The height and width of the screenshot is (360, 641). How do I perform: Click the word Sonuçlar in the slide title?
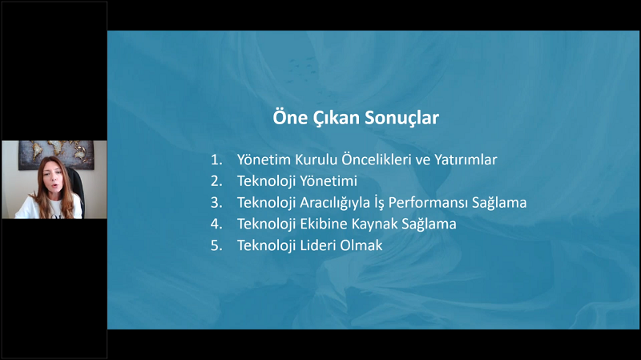(402, 118)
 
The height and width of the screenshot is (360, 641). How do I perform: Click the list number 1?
(216, 160)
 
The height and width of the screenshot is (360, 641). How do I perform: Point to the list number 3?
(216, 203)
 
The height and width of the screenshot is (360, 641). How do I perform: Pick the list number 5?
(216, 245)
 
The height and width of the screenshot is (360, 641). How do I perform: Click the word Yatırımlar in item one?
(466, 160)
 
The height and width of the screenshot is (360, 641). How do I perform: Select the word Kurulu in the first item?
(316, 160)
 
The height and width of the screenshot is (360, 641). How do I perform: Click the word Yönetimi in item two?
(329, 180)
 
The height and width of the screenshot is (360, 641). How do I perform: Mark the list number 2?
(216, 181)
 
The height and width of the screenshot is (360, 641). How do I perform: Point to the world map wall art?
(56, 154)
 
